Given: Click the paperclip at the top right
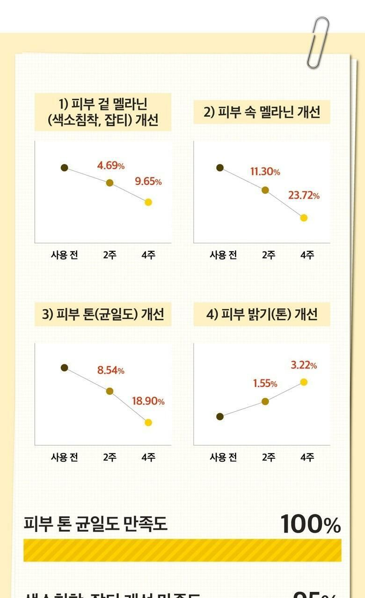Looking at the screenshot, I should pos(318,42).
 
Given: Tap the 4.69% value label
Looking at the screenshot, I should pos(111,165).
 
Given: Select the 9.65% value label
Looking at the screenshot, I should pos(148,182).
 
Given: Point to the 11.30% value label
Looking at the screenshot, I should pos(265,171).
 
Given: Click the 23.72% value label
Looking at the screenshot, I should pos(304,195).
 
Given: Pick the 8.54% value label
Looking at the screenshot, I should pos(111,370).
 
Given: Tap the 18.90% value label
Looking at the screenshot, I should pos(148,401).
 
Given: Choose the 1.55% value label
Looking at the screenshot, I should pos(265,384).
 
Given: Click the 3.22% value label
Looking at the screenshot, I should pos(304,365).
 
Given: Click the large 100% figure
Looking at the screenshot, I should pos(311,524).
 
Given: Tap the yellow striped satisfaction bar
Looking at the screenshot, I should pos(182,550).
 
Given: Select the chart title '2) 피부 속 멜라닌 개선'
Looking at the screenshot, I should pos(262,113).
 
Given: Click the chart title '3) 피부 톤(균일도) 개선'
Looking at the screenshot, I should pos(103,314).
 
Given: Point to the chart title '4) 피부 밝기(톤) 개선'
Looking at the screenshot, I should pos(262,314).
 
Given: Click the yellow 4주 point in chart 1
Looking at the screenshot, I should pos(148,202).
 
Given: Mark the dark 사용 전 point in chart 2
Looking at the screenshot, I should pos(220,168).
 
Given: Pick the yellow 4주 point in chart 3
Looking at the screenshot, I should pos(148,422).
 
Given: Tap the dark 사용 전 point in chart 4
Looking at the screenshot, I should pos(220,417).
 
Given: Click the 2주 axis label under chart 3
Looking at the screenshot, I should pos(110,457).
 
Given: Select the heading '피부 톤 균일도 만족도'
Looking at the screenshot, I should pos(95,524).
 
